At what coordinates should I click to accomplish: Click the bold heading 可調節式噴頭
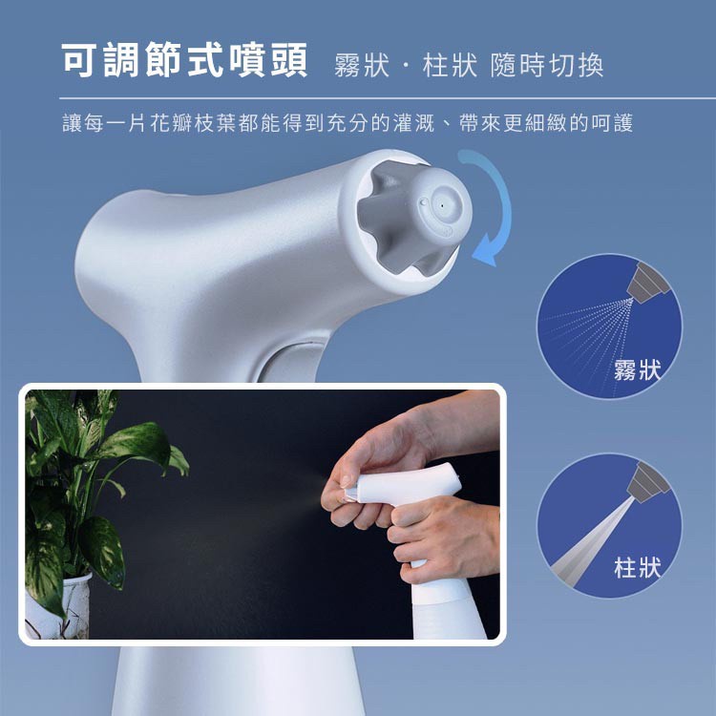184,62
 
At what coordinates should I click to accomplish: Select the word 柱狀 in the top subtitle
450,66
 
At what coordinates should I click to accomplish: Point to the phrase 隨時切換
547,66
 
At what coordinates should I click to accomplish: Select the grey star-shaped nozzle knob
409,217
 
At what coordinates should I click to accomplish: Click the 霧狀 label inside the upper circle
637,369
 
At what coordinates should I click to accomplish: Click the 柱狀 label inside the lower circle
637,568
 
